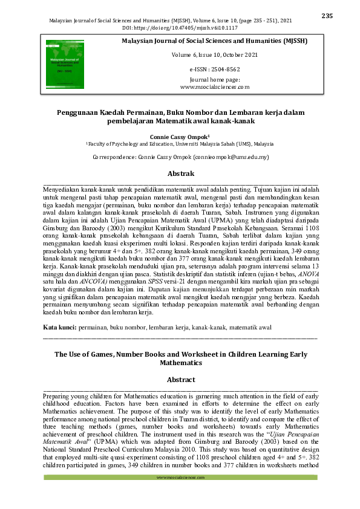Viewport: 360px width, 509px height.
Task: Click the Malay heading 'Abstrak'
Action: [x=180, y=174]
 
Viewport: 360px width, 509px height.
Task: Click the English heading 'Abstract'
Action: [x=180, y=380]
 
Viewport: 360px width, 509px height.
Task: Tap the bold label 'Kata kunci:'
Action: [x=60, y=327]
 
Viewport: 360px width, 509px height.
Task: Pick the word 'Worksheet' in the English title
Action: [x=218, y=354]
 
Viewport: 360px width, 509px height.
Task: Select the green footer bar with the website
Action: [x=180, y=478]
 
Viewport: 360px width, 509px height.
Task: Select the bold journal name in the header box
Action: [x=215, y=41]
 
